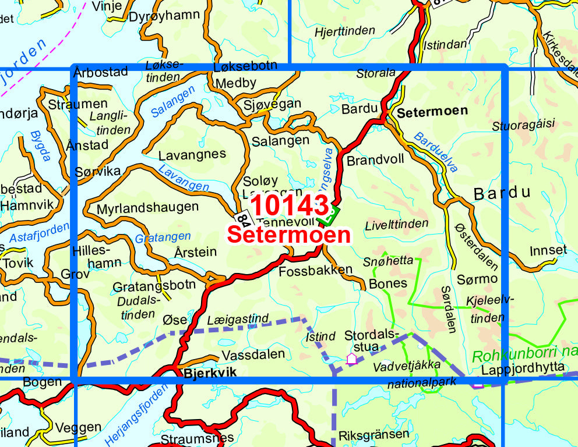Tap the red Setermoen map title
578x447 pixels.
(289, 235)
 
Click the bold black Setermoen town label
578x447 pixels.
(432, 111)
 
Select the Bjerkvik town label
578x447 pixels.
(210, 373)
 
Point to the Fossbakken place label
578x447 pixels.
(316, 270)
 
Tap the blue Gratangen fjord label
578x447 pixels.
(163, 237)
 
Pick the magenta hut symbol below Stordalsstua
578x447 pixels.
(351, 359)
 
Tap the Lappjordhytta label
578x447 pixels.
(523, 368)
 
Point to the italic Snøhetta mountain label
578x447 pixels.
(387, 261)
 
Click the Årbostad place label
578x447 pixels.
(101, 72)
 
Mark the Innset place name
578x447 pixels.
(548, 251)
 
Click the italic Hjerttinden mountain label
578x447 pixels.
(345, 32)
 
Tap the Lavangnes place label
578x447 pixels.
(192, 154)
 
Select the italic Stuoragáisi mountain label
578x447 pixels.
(524, 124)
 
